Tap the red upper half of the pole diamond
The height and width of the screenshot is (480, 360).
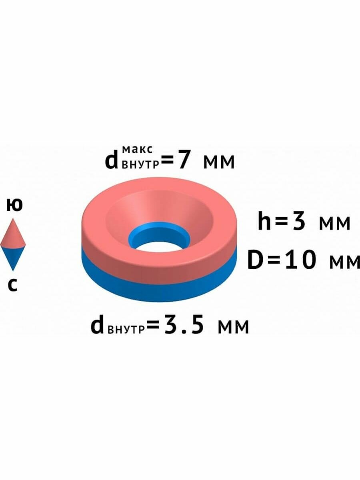pyautogui.click(x=13, y=236)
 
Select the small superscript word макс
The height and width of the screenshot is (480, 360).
pyautogui.click(x=137, y=150)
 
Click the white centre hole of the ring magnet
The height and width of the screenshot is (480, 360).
pyautogui.click(x=159, y=245)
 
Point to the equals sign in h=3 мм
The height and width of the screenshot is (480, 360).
pyautogui.click(x=282, y=222)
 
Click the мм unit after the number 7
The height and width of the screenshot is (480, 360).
pyautogui.click(x=218, y=162)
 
